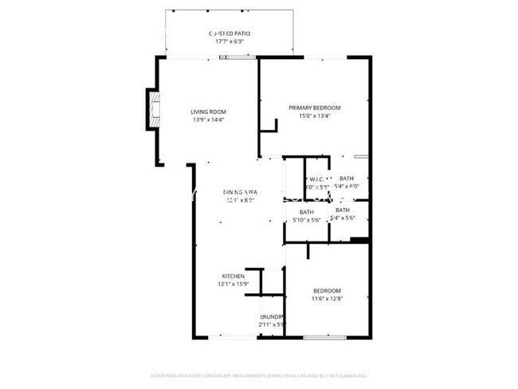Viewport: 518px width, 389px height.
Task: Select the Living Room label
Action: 209,112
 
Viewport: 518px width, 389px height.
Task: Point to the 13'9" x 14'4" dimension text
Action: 209,120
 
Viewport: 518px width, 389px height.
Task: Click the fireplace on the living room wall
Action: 151,110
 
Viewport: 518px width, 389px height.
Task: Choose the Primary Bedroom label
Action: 314,108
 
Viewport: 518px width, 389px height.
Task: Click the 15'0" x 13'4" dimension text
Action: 314,116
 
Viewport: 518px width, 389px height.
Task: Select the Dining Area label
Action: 239,192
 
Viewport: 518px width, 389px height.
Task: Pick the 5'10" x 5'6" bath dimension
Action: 306,220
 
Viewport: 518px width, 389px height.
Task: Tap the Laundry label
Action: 272,316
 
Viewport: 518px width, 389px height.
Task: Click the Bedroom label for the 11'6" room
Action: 327,290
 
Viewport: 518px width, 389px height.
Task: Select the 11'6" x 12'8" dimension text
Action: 327,299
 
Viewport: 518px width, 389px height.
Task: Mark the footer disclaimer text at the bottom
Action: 259,375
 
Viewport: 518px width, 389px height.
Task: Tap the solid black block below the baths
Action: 359,240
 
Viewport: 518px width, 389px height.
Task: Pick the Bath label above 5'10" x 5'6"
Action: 306,211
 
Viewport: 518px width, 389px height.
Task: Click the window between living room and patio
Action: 236,57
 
